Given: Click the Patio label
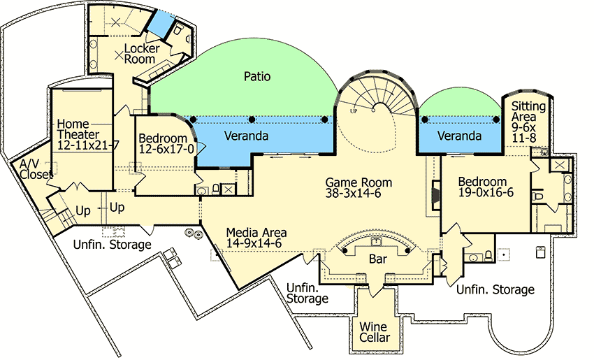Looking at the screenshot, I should tap(256, 75).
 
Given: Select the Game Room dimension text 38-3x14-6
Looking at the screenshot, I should tap(358, 194).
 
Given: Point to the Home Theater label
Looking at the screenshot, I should tap(78, 129).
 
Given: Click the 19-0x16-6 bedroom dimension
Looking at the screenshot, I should tap(486, 192).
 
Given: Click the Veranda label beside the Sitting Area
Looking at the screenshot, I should tap(458, 136).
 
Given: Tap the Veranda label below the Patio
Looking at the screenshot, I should tap(245, 136).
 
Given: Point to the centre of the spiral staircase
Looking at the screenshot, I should tap(378, 110).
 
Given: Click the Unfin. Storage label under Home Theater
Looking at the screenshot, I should tap(113, 245).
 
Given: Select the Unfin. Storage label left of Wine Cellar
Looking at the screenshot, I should tap(307, 294).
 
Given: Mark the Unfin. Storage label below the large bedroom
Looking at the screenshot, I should tap(495, 289).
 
